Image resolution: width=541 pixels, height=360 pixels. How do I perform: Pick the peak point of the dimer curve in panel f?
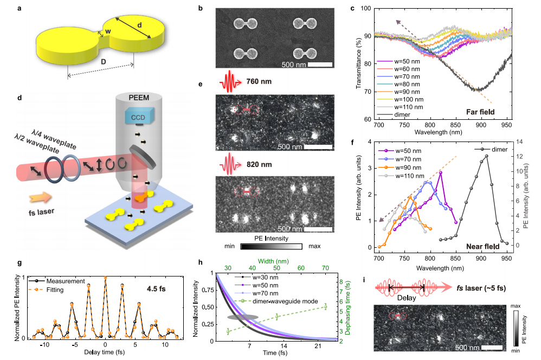[x=486, y=156]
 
